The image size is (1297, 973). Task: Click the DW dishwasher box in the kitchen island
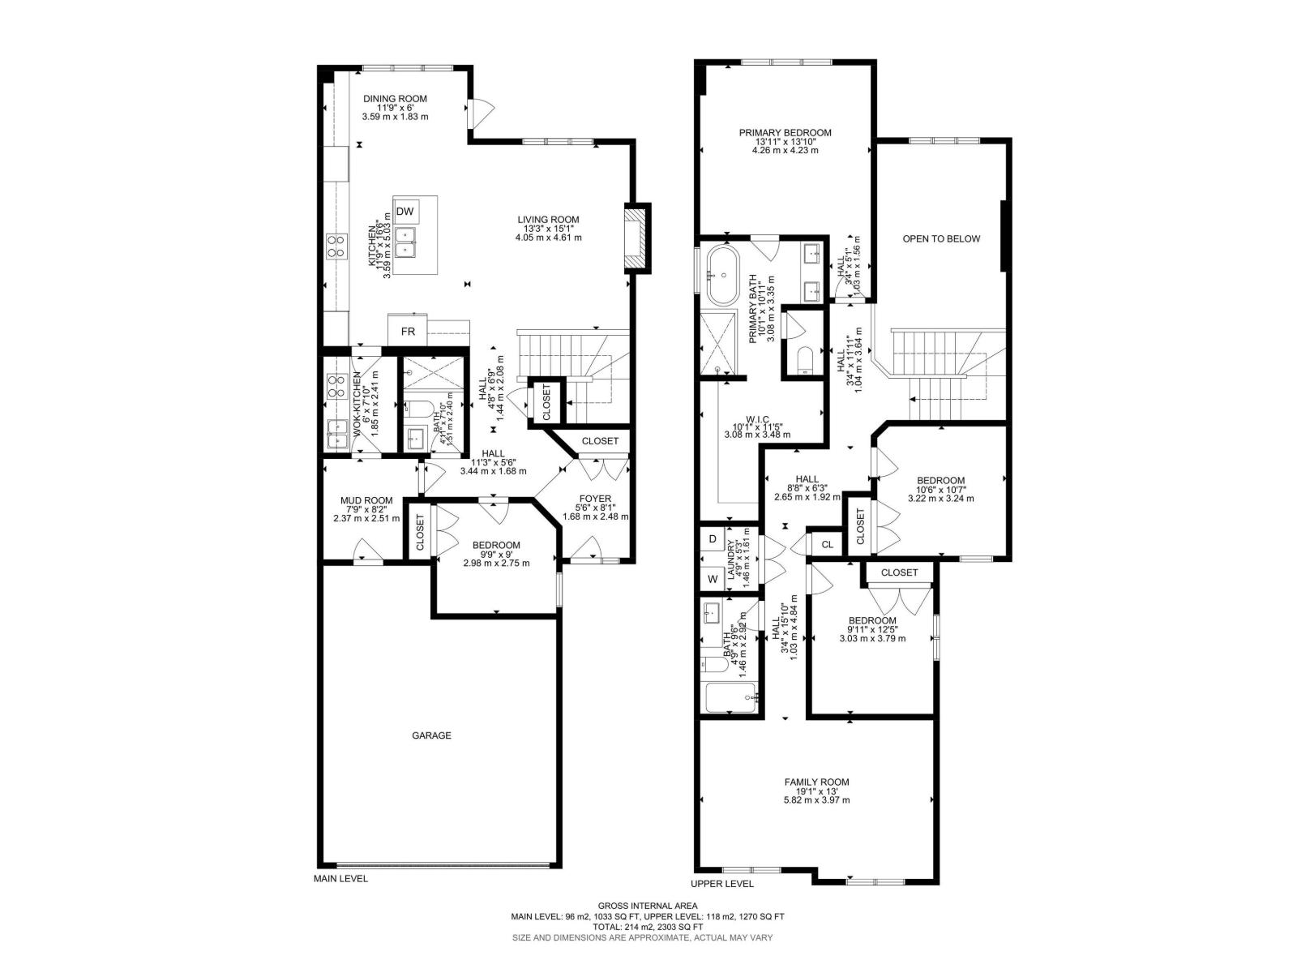(405, 212)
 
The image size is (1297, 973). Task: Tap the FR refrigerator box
(408, 331)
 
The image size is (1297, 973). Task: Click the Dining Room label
(395, 99)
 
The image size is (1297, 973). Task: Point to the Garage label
(431, 735)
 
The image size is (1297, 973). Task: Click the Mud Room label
(366, 500)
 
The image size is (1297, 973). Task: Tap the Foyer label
(595, 499)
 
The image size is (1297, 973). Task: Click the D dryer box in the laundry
(713, 538)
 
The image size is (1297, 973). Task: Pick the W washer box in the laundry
(713, 579)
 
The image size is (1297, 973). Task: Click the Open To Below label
(941, 238)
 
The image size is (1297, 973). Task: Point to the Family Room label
(816, 782)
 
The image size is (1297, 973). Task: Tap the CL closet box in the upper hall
(827, 544)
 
